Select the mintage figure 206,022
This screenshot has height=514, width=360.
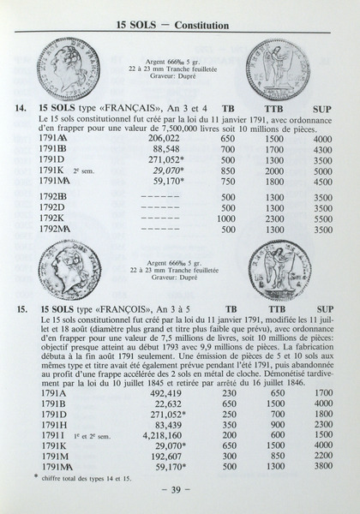[x=164, y=138]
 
